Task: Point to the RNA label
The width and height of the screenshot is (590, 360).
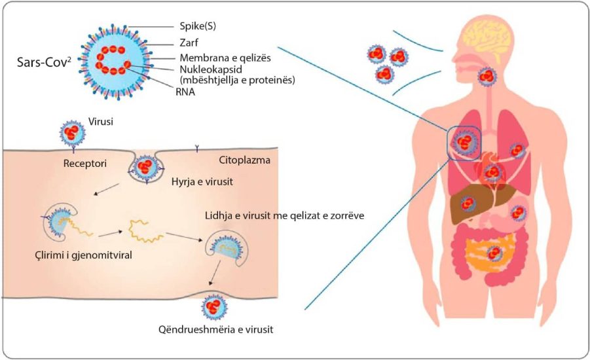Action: click(186, 92)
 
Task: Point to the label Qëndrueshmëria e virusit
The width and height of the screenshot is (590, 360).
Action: click(215, 329)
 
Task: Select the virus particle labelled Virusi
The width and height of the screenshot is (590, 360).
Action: click(71, 132)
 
